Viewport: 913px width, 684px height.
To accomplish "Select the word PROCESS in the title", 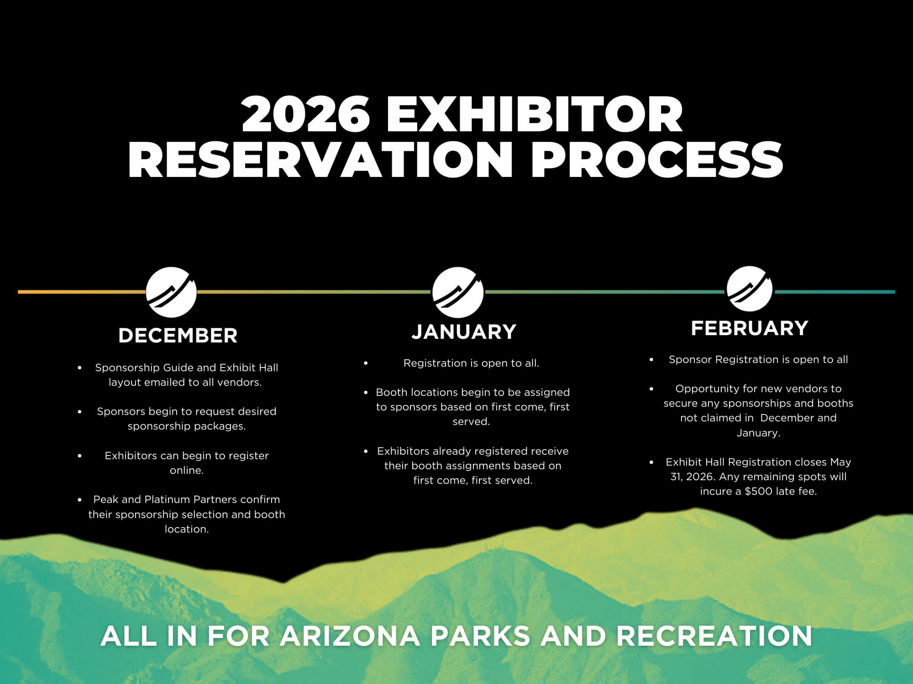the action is pyautogui.click(x=657, y=159).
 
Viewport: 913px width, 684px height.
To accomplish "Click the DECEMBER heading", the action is pyautogui.click(x=178, y=336).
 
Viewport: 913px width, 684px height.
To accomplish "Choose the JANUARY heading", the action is pyautogui.click(x=464, y=332).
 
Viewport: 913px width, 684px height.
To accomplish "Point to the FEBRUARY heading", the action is pyautogui.click(x=750, y=328).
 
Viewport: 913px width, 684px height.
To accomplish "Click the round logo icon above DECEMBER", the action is pyautogui.click(x=171, y=292).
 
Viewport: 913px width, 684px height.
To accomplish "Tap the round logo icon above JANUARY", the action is pyautogui.click(x=458, y=292).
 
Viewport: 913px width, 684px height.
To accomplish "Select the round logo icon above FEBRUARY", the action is pyautogui.click(x=750, y=289).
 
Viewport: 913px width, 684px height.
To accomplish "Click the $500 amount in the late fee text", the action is pyautogui.click(x=758, y=491).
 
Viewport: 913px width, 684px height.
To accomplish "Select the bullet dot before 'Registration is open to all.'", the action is pyautogui.click(x=366, y=363).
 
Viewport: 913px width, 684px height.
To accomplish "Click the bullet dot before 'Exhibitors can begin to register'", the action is pyautogui.click(x=79, y=456).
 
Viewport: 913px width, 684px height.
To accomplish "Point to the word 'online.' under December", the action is pyautogui.click(x=187, y=470).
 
